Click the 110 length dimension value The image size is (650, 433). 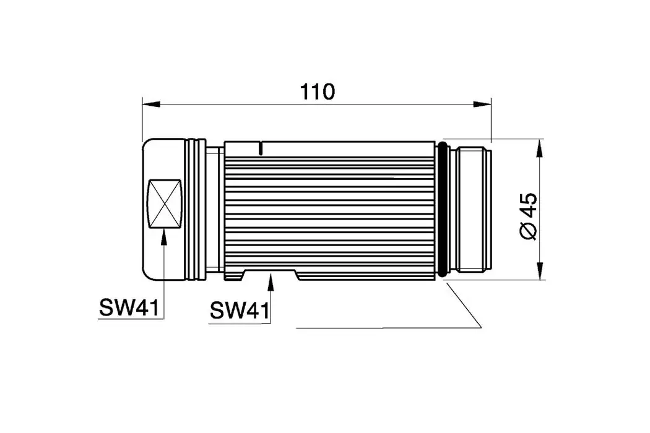pyautogui.click(x=318, y=92)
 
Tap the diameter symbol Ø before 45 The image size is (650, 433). pyautogui.click(x=528, y=230)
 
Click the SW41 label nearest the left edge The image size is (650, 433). pyautogui.click(x=129, y=307)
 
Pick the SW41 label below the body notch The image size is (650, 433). pyautogui.click(x=240, y=309)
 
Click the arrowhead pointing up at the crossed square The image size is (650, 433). pyautogui.click(x=163, y=234)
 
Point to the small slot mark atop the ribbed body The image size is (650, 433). pyautogui.click(x=262, y=148)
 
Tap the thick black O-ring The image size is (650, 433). pyautogui.click(x=442, y=210)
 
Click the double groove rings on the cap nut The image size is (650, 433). pyautogui.click(x=196, y=210)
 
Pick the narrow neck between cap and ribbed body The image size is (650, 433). pyautogui.click(x=215, y=210)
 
